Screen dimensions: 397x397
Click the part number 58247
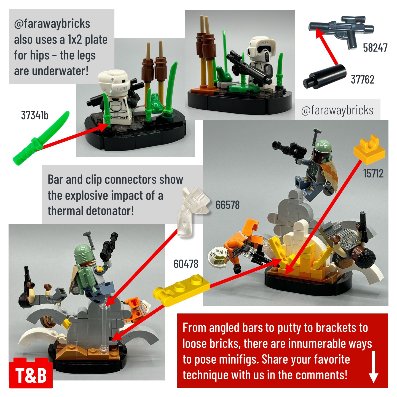(375, 48)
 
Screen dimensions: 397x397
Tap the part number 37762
(363, 79)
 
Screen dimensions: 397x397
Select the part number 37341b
(35, 115)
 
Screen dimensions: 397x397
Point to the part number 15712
(373, 173)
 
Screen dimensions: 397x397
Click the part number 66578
(227, 205)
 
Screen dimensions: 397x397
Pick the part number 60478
(186, 264)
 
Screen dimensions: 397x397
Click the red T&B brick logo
(31, 375)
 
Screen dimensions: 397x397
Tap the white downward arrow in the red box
(374, 367)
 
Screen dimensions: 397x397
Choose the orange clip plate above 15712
(369, 150)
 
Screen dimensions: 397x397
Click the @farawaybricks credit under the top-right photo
(337, 111)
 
